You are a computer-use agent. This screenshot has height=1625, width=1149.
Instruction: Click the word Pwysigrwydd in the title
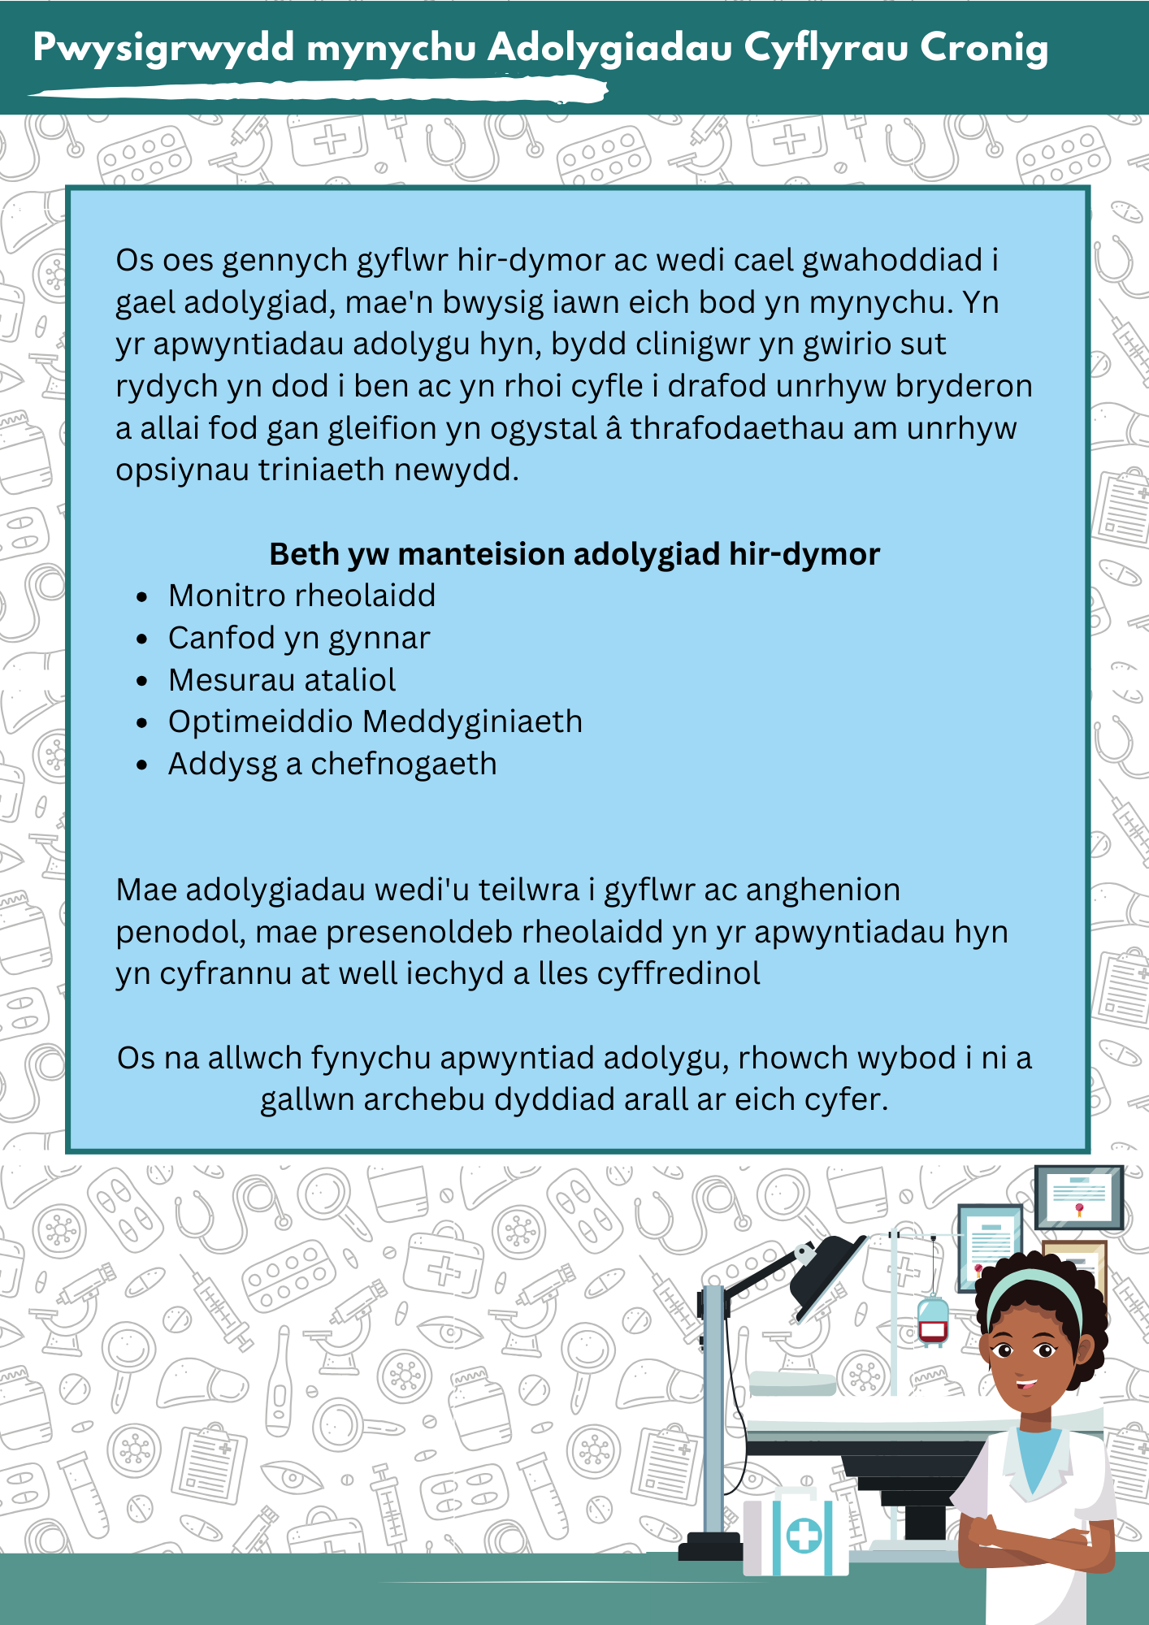(x=163, y=49)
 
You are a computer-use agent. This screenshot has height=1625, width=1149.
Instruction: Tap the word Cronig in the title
(x=984, y=49)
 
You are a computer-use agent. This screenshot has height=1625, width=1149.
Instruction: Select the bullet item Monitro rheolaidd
(x=301, y=596)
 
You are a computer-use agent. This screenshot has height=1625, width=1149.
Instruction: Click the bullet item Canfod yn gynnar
(x=298, y=639)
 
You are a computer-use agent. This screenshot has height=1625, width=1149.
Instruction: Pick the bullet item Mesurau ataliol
(x=282, y=680)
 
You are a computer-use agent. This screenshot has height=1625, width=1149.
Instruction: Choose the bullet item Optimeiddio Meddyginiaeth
(x=375, y=721)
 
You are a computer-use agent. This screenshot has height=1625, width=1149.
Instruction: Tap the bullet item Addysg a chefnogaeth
(x=332, y=764)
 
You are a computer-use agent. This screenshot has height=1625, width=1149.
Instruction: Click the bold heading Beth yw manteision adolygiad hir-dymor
(x=574, y=554)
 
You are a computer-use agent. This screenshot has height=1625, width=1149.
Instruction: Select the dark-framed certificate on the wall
(x=1078, y=1197)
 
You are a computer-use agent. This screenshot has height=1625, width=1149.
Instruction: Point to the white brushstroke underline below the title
(x=317, y=90)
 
